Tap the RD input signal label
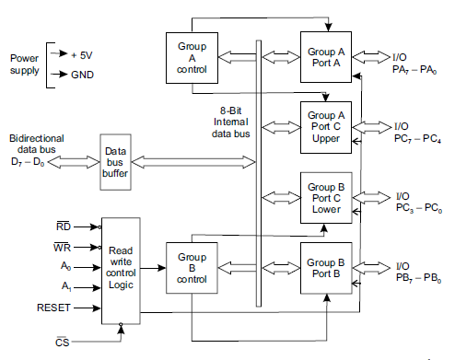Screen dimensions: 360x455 pos(64,225)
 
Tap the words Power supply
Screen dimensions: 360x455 pos(25,64)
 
